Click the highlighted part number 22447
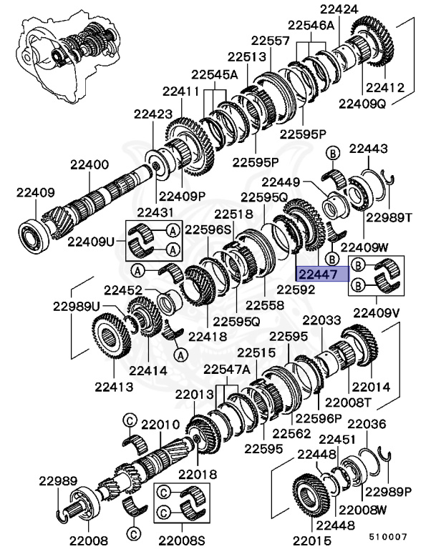tap(317, 274)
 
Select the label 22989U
tap(76, 306)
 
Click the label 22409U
tap(91, 242)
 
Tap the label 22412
tap(385, 89)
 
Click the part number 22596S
tap(209, 230)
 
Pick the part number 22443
tap(368, 149)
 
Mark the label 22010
tap(159, 424)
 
